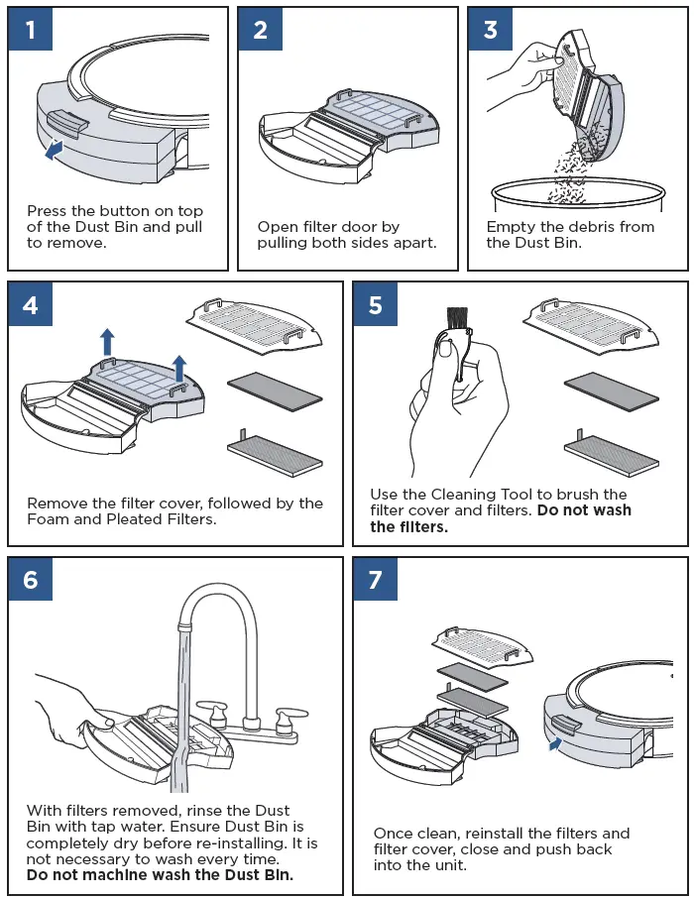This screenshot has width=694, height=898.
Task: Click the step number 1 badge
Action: point(31,30)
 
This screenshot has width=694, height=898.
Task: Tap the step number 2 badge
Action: point(261,30)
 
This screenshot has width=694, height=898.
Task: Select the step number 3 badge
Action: point(491,30)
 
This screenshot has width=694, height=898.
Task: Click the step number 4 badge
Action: point(31,304)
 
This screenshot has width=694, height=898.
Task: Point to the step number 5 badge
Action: point(376,304)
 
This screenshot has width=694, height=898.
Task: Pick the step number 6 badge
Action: point(31,579)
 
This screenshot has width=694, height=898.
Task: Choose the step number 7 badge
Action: point(376,579)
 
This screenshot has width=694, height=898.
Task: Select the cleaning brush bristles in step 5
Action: point(457,318)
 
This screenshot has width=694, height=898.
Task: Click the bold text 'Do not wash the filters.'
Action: point(500,518)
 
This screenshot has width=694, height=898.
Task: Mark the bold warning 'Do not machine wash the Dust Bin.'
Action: point(160,875)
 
